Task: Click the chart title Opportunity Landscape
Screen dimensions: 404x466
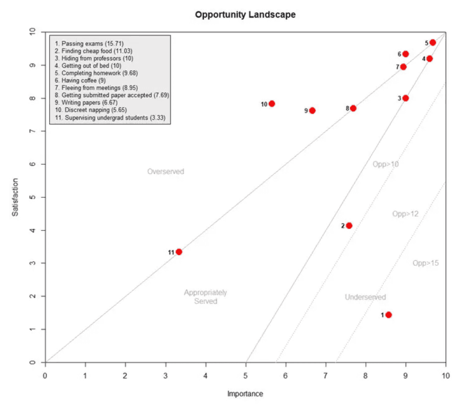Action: click(245, 14)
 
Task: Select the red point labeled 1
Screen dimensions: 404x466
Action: click(388, 315)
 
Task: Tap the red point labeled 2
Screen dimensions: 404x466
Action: click(349, 226)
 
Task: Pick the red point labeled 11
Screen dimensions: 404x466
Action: click(179, 252)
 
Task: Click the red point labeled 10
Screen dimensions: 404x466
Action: click(272, 104)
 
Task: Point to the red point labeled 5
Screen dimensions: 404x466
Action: click(433, 42)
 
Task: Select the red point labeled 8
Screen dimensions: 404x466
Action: click(353, 108)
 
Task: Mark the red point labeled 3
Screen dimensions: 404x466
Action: click(405, 98)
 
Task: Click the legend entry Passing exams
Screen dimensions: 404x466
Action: click(89, 43)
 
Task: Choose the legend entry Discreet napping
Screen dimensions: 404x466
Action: click(89, 110)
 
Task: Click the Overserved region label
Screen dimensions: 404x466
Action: click(166, 172)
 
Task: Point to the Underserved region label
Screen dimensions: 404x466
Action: click(365, 297)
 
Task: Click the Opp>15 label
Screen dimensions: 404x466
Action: click(425, 263)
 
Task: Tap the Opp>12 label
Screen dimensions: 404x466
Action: click(405, 214)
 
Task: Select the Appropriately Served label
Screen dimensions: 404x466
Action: click(205, 297)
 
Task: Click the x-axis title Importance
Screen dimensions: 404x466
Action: click(245, 394)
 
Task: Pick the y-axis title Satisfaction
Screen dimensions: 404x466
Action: click(15, 197)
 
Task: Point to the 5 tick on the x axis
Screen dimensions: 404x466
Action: click(246, 376)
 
